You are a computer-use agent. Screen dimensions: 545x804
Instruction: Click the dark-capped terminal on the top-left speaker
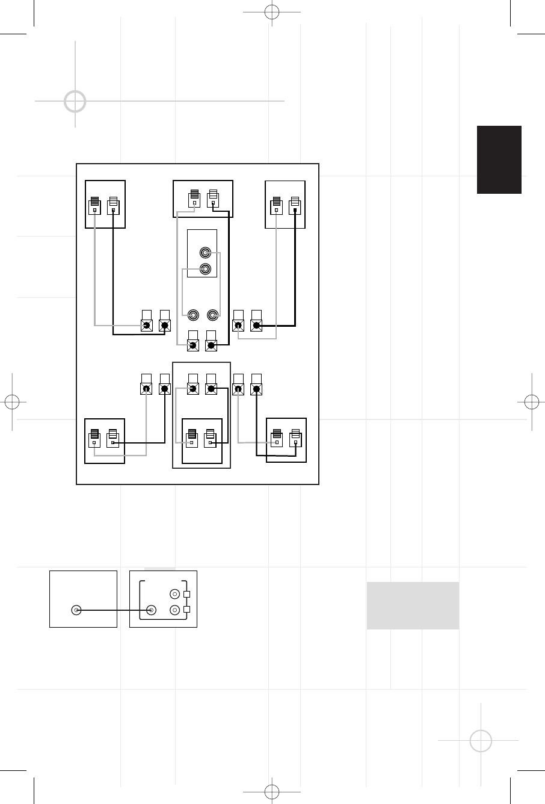point(94,206)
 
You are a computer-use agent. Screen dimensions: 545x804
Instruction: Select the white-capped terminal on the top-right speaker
point(294,206)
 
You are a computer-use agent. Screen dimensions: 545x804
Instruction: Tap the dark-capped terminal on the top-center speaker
point(194,199)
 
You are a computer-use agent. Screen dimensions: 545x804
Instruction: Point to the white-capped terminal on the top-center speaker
point(212,199)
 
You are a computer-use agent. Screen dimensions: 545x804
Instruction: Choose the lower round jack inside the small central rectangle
point(206,269)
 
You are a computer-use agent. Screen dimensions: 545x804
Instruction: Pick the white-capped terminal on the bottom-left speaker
point(112,439)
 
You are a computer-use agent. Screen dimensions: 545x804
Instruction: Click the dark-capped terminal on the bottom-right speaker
point(277,439)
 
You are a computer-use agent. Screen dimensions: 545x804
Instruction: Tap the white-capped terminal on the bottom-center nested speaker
point(210,439)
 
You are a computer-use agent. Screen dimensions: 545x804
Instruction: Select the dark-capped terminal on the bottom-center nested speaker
point(192,439)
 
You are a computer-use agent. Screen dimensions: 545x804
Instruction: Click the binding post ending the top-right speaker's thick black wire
point(257,326)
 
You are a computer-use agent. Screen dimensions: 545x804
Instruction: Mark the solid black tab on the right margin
point(499,159)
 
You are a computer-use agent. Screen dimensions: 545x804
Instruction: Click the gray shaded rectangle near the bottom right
point(413,605)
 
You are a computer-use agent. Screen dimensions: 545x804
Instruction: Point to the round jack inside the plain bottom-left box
point(76,610)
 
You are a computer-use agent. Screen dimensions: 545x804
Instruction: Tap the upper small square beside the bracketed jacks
point(186,595)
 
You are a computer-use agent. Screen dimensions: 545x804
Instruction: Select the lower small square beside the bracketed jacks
point(186,610)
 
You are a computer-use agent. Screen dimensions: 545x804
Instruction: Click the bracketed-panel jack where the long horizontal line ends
point(152,610)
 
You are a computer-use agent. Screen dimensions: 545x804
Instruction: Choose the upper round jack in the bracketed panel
point(174,593)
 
